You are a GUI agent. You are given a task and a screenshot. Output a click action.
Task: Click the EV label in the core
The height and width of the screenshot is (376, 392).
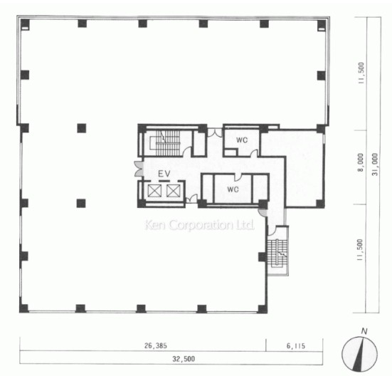[164, 173]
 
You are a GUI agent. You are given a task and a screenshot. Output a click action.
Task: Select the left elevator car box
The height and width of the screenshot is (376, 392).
[154, 191]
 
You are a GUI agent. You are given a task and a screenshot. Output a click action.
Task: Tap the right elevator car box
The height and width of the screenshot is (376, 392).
[174, 191]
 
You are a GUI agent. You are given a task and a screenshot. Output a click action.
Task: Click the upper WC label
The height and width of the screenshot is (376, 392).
[242, 140]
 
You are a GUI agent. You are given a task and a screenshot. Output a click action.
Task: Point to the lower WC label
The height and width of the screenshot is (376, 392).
[233, 189]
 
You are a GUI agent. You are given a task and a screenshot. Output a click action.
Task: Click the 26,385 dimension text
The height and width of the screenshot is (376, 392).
[156, 345]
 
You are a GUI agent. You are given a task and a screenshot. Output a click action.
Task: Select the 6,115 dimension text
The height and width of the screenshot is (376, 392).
[296, 346]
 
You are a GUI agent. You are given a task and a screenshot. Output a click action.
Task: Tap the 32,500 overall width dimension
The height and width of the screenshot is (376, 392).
[184, 359]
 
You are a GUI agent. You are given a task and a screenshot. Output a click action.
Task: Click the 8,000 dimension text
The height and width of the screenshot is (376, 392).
[360, 162]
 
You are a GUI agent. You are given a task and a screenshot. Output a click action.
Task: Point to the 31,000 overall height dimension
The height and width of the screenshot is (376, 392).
[375, 164]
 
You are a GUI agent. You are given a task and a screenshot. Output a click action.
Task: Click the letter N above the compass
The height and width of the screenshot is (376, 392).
[364, 331]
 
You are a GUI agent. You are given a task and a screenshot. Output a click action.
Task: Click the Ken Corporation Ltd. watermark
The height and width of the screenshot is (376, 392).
[199, 224]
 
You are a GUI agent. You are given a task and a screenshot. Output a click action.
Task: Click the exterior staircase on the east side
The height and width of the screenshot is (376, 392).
[277, 252]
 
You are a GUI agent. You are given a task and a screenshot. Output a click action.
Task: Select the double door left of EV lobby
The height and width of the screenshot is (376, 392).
[138, 169]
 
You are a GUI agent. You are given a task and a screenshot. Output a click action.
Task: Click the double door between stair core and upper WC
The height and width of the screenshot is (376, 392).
[215, 133]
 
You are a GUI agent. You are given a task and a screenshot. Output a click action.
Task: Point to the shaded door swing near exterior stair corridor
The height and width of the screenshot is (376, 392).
[263, 212]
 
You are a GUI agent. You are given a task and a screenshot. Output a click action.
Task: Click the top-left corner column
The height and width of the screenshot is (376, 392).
[25, 24]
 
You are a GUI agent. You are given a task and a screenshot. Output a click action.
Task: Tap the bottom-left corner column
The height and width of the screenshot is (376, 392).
[24, 308]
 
